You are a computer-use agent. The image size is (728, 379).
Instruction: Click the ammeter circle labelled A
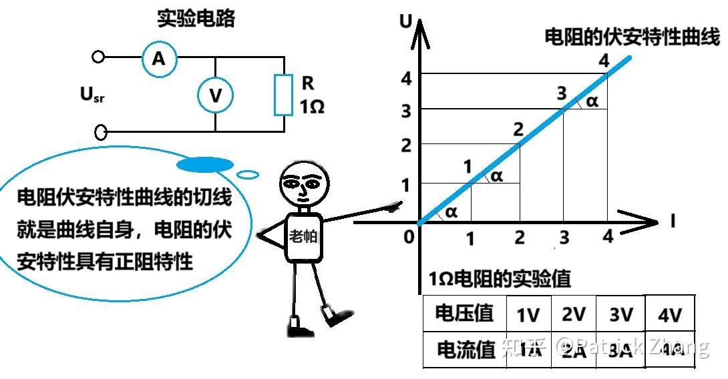click(158, 59)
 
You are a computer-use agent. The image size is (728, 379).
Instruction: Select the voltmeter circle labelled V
click(215, 95)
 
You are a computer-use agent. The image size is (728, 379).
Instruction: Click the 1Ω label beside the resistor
click(311, 105)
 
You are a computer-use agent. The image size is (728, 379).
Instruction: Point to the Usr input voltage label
click(92, 95)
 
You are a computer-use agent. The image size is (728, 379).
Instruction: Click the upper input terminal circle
click(99, 57)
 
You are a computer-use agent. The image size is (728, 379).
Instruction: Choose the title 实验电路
click(196, 19)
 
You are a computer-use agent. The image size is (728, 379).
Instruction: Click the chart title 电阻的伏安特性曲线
click(632, 37)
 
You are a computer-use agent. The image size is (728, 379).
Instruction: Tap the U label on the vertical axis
click(405, 21)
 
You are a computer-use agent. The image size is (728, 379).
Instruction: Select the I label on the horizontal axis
click(672, 220)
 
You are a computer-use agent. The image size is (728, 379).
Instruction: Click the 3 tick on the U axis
click(405, 111)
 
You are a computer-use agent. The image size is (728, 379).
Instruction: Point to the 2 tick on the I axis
click(519, 237)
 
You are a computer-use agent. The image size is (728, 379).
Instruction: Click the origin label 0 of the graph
click(409, 236)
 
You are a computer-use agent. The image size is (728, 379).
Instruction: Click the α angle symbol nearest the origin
click(451, 212)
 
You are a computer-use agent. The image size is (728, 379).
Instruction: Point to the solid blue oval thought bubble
click(205, 164)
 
